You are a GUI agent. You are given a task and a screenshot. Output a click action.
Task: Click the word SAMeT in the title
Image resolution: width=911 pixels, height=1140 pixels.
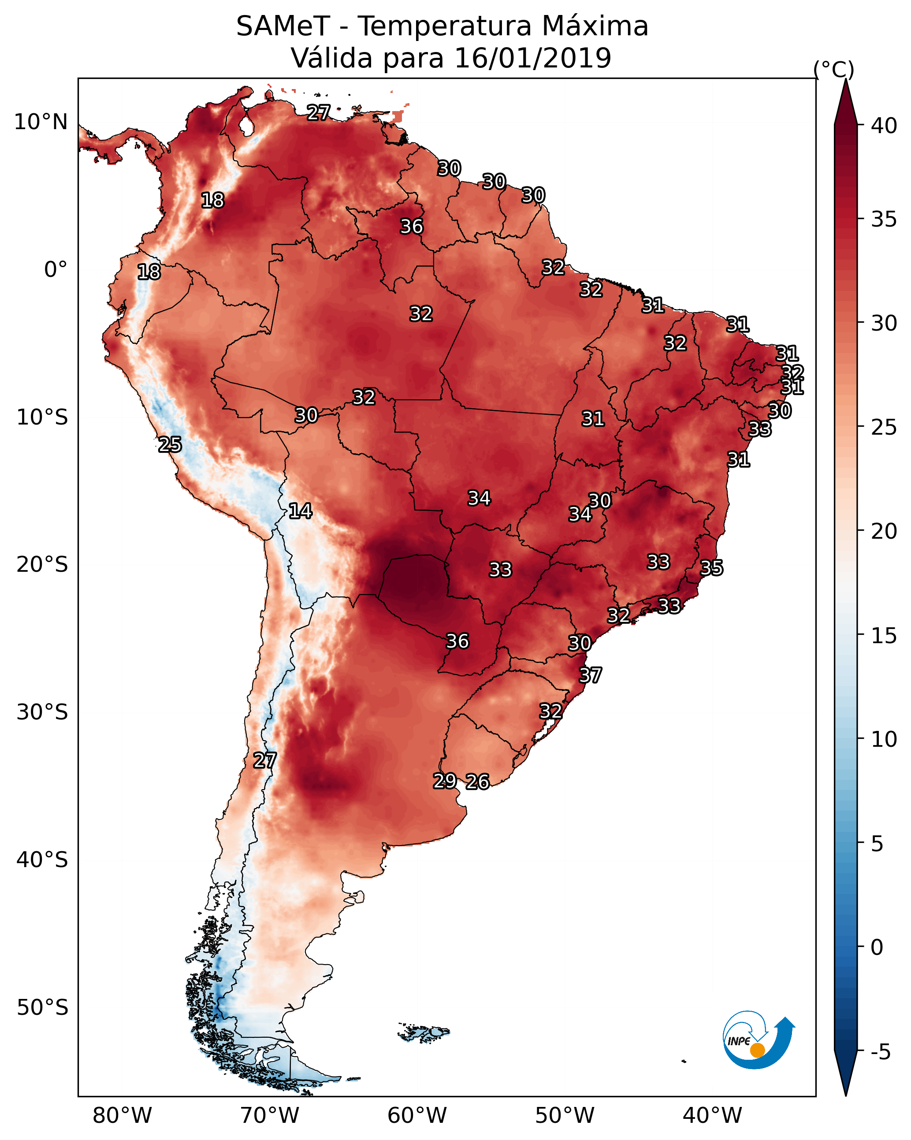[x=283, y=26]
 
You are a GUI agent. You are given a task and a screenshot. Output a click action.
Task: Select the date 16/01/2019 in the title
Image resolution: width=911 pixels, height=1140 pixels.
[x=532, y=58]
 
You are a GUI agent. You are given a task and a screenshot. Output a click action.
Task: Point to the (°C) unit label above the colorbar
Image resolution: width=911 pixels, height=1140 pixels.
[x=834, y=69]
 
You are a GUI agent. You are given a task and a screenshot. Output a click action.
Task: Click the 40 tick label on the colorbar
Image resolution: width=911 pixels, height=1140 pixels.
[x=884, y=126]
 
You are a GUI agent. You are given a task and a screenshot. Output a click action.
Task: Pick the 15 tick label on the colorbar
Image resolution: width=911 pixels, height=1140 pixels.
[x=884, y=636]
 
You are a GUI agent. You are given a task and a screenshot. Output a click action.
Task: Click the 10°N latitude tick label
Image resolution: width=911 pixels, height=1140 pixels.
[x=41, y=122]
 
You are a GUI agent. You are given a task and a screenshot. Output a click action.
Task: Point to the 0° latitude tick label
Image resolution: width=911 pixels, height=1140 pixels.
[x=56, y=270]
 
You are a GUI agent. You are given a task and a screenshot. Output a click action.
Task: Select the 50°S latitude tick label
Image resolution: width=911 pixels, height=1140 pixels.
[x=42, y=1007]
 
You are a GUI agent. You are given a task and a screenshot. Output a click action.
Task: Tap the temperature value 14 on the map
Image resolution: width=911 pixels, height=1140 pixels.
[x=300, y=511]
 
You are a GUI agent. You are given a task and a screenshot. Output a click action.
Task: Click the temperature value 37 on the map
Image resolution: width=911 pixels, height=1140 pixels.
[x=590, y=675]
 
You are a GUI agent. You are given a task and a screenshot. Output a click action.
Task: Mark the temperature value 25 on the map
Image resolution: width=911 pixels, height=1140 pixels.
[x=170, y=445]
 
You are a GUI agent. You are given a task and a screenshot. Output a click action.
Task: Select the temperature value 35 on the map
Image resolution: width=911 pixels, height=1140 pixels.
[x=711, y=568]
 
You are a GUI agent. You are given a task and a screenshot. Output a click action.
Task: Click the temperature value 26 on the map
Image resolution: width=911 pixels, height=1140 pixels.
[x=477, y=782]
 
